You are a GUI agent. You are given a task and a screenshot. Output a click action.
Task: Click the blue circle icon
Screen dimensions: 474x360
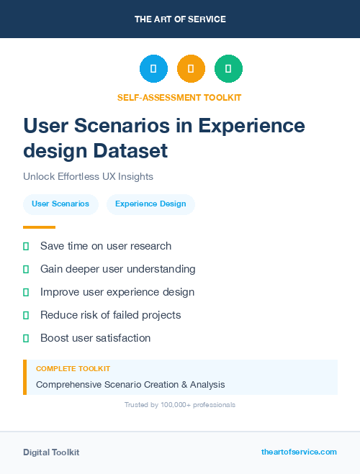153,69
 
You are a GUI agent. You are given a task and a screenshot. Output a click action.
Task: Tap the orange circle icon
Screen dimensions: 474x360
191,69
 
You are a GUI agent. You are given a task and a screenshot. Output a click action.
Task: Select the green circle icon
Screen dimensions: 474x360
228,69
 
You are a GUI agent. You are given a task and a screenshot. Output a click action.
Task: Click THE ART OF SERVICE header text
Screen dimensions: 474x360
180,19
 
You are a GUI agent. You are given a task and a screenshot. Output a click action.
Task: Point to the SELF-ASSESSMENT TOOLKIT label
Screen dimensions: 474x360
179,97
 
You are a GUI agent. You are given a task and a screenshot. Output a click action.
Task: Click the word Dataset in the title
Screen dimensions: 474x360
132,151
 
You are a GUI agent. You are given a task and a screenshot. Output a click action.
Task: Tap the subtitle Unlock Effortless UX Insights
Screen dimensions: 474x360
88,176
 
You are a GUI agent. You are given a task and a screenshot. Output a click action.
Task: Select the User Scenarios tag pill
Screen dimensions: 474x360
60,204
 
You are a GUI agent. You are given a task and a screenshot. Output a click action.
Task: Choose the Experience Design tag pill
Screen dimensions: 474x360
150,204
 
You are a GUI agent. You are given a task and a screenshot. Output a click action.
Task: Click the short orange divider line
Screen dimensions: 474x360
39,227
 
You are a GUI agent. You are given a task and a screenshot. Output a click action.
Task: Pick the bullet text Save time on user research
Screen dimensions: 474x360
106,246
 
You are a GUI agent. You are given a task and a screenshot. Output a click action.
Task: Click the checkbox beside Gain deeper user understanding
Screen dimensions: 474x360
26,269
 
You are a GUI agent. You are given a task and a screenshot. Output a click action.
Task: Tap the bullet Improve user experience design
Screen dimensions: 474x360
117,292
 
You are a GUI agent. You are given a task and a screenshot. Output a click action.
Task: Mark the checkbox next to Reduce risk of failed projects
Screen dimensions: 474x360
26,315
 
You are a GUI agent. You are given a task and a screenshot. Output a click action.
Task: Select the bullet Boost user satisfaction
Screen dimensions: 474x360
95,338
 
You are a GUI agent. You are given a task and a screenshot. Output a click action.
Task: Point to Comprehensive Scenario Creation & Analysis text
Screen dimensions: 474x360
130,385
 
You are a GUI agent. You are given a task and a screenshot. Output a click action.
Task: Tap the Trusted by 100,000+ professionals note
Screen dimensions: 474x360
180,405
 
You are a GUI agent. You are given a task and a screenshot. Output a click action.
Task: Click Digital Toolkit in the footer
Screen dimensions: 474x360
51,452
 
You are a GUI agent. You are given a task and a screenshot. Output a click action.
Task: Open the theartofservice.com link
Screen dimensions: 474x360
299,452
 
